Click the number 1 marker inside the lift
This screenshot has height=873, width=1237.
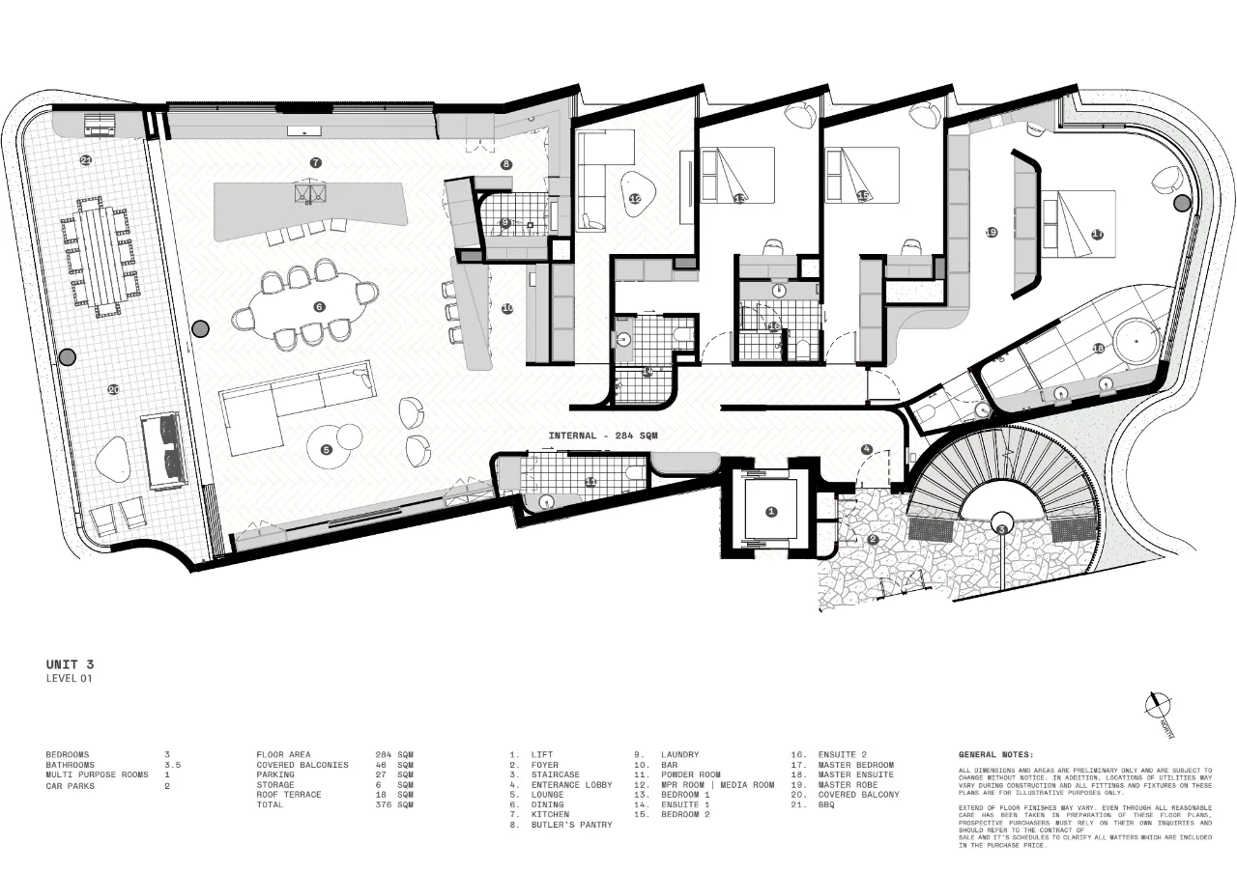tap(771, 512)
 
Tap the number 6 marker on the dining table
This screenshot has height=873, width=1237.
tap(319, 307)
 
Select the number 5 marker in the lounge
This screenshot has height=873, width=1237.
tap(326, 449)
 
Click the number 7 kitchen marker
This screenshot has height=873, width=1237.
tap(315, 162)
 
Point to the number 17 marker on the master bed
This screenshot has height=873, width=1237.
tap(1097, 235)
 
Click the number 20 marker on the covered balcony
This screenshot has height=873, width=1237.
tap(113, 389)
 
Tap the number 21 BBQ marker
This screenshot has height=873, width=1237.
tap(86, 160)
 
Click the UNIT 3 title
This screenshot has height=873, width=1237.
tap(71, 664)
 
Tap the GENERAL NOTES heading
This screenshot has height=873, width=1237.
tap(995, 754)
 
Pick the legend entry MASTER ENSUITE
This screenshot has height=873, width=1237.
tap(855, 774)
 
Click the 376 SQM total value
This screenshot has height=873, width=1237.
tap(393, 804)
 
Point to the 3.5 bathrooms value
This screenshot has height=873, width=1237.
tap(173, 765)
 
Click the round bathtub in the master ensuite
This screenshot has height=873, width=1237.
tap(1135, 341)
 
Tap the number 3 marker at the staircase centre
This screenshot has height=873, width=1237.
tap(1002, 528)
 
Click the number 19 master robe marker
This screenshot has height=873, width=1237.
tap(991, 233)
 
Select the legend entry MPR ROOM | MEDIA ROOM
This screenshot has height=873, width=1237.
tap(717, 785)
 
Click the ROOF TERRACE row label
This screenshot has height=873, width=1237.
tap(288, 795)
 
